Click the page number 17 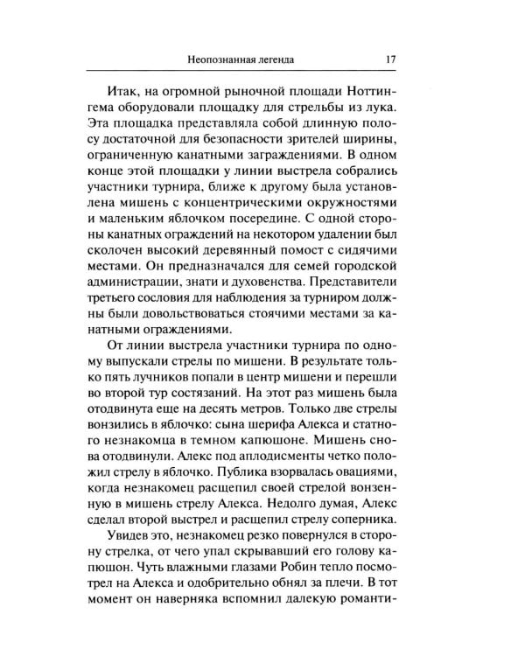(390, 60)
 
